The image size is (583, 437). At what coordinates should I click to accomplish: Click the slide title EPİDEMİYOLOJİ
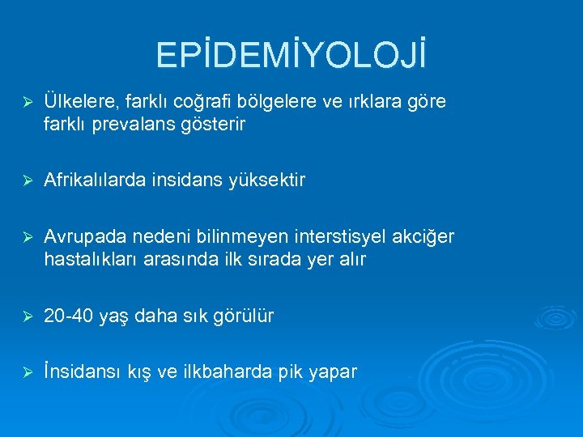[291, 56]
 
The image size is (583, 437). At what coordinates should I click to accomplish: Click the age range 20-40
[67, 316]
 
